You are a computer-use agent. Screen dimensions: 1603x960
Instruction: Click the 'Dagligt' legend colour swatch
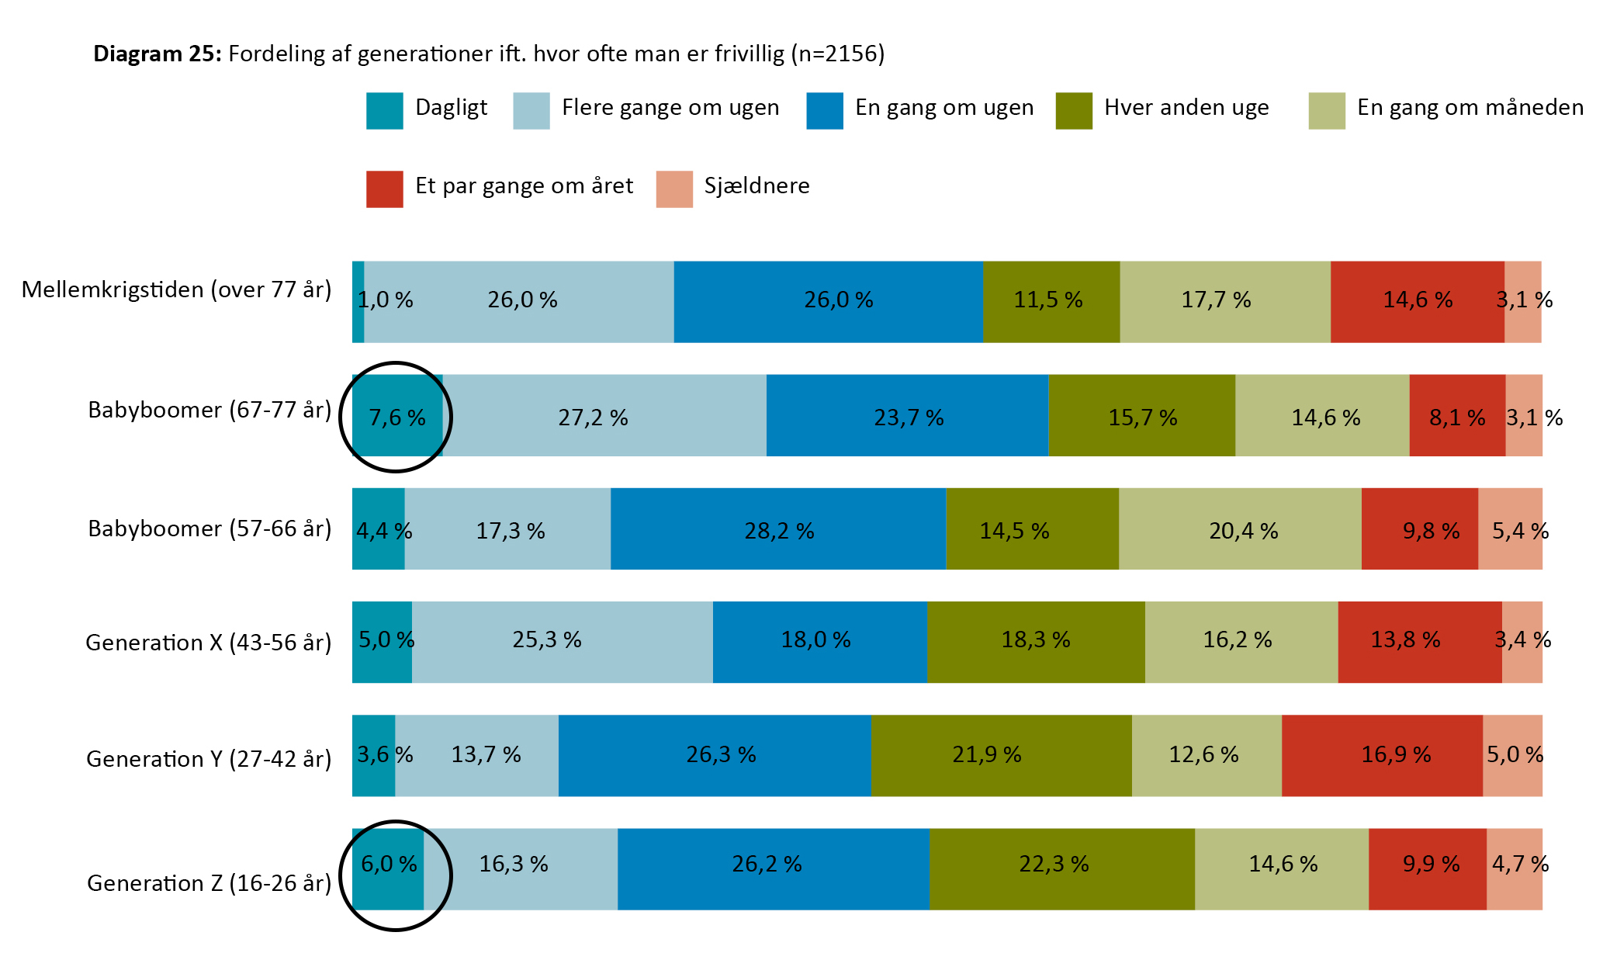[x=385, y=110]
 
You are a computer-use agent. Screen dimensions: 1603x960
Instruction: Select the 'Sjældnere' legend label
[x=756, y=186]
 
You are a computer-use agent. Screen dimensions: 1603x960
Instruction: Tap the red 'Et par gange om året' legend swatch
[x=385, y=189]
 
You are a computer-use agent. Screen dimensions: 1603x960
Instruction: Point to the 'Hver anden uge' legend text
[x=1186, y=107]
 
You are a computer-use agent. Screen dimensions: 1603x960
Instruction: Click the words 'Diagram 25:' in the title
[x=158, y=54]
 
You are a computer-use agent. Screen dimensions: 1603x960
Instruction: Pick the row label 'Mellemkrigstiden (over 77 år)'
[x=177, y=290]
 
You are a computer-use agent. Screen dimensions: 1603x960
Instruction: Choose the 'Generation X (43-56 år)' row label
[x=209, y=643]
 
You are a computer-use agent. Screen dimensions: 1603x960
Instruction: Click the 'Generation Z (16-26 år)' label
[x=209, y=883]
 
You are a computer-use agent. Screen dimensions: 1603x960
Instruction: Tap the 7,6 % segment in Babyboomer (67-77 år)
[x=397, y=415]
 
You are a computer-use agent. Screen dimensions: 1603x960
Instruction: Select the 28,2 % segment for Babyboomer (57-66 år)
[x=778, y=529]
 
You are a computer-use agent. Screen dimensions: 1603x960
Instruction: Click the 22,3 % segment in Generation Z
[x=1062, y=869]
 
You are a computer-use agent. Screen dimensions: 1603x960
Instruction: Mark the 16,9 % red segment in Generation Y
[x=1383, y=756]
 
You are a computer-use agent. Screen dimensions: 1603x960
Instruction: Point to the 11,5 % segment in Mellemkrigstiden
[x=1051, y=302]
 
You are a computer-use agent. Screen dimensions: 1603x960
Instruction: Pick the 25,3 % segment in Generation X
[x=563, y=643]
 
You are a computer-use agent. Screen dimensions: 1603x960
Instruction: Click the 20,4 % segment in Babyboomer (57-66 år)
[x=1240, y=529]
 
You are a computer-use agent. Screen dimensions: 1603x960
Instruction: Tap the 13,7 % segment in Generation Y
[x=477, y=756]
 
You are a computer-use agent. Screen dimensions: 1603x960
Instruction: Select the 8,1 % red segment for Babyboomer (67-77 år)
[x=1458, y=415]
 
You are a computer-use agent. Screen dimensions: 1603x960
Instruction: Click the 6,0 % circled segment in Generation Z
[x=388, y=869]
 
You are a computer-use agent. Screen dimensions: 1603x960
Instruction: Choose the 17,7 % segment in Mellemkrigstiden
[x=1225, y=302]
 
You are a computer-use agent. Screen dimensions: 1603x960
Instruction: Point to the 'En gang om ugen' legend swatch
[x=825, y=110]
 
